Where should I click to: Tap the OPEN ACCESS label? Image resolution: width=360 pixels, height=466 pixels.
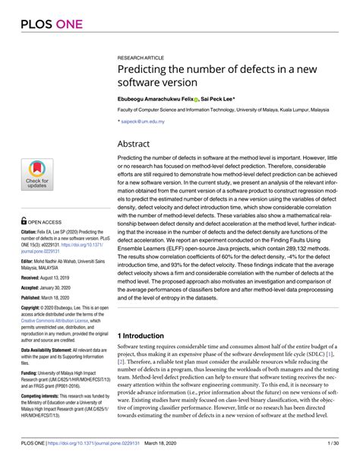(43, 223)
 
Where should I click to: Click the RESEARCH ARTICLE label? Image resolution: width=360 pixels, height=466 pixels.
(141, 58)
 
